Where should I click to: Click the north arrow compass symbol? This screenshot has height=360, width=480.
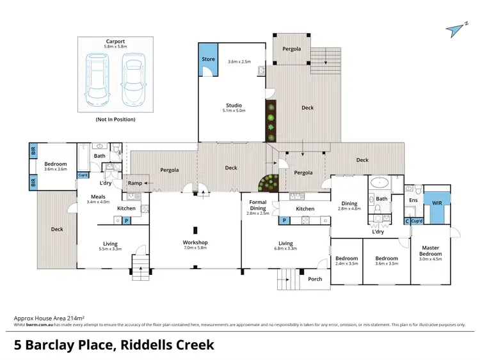pos(456,28)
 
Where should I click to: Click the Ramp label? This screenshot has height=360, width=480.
pos(135,183)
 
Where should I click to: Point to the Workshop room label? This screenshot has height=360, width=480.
pos(195,242)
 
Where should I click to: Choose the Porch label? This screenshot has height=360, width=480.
pos(315,279)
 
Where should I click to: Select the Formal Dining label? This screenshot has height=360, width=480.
pos(258,205)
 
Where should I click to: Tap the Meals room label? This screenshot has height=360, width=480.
pos(98,197)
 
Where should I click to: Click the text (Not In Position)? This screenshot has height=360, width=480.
pos(115,120)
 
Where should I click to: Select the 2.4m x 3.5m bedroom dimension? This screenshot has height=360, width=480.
pos(346,263)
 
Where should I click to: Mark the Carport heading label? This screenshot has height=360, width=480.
pos(115,42)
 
